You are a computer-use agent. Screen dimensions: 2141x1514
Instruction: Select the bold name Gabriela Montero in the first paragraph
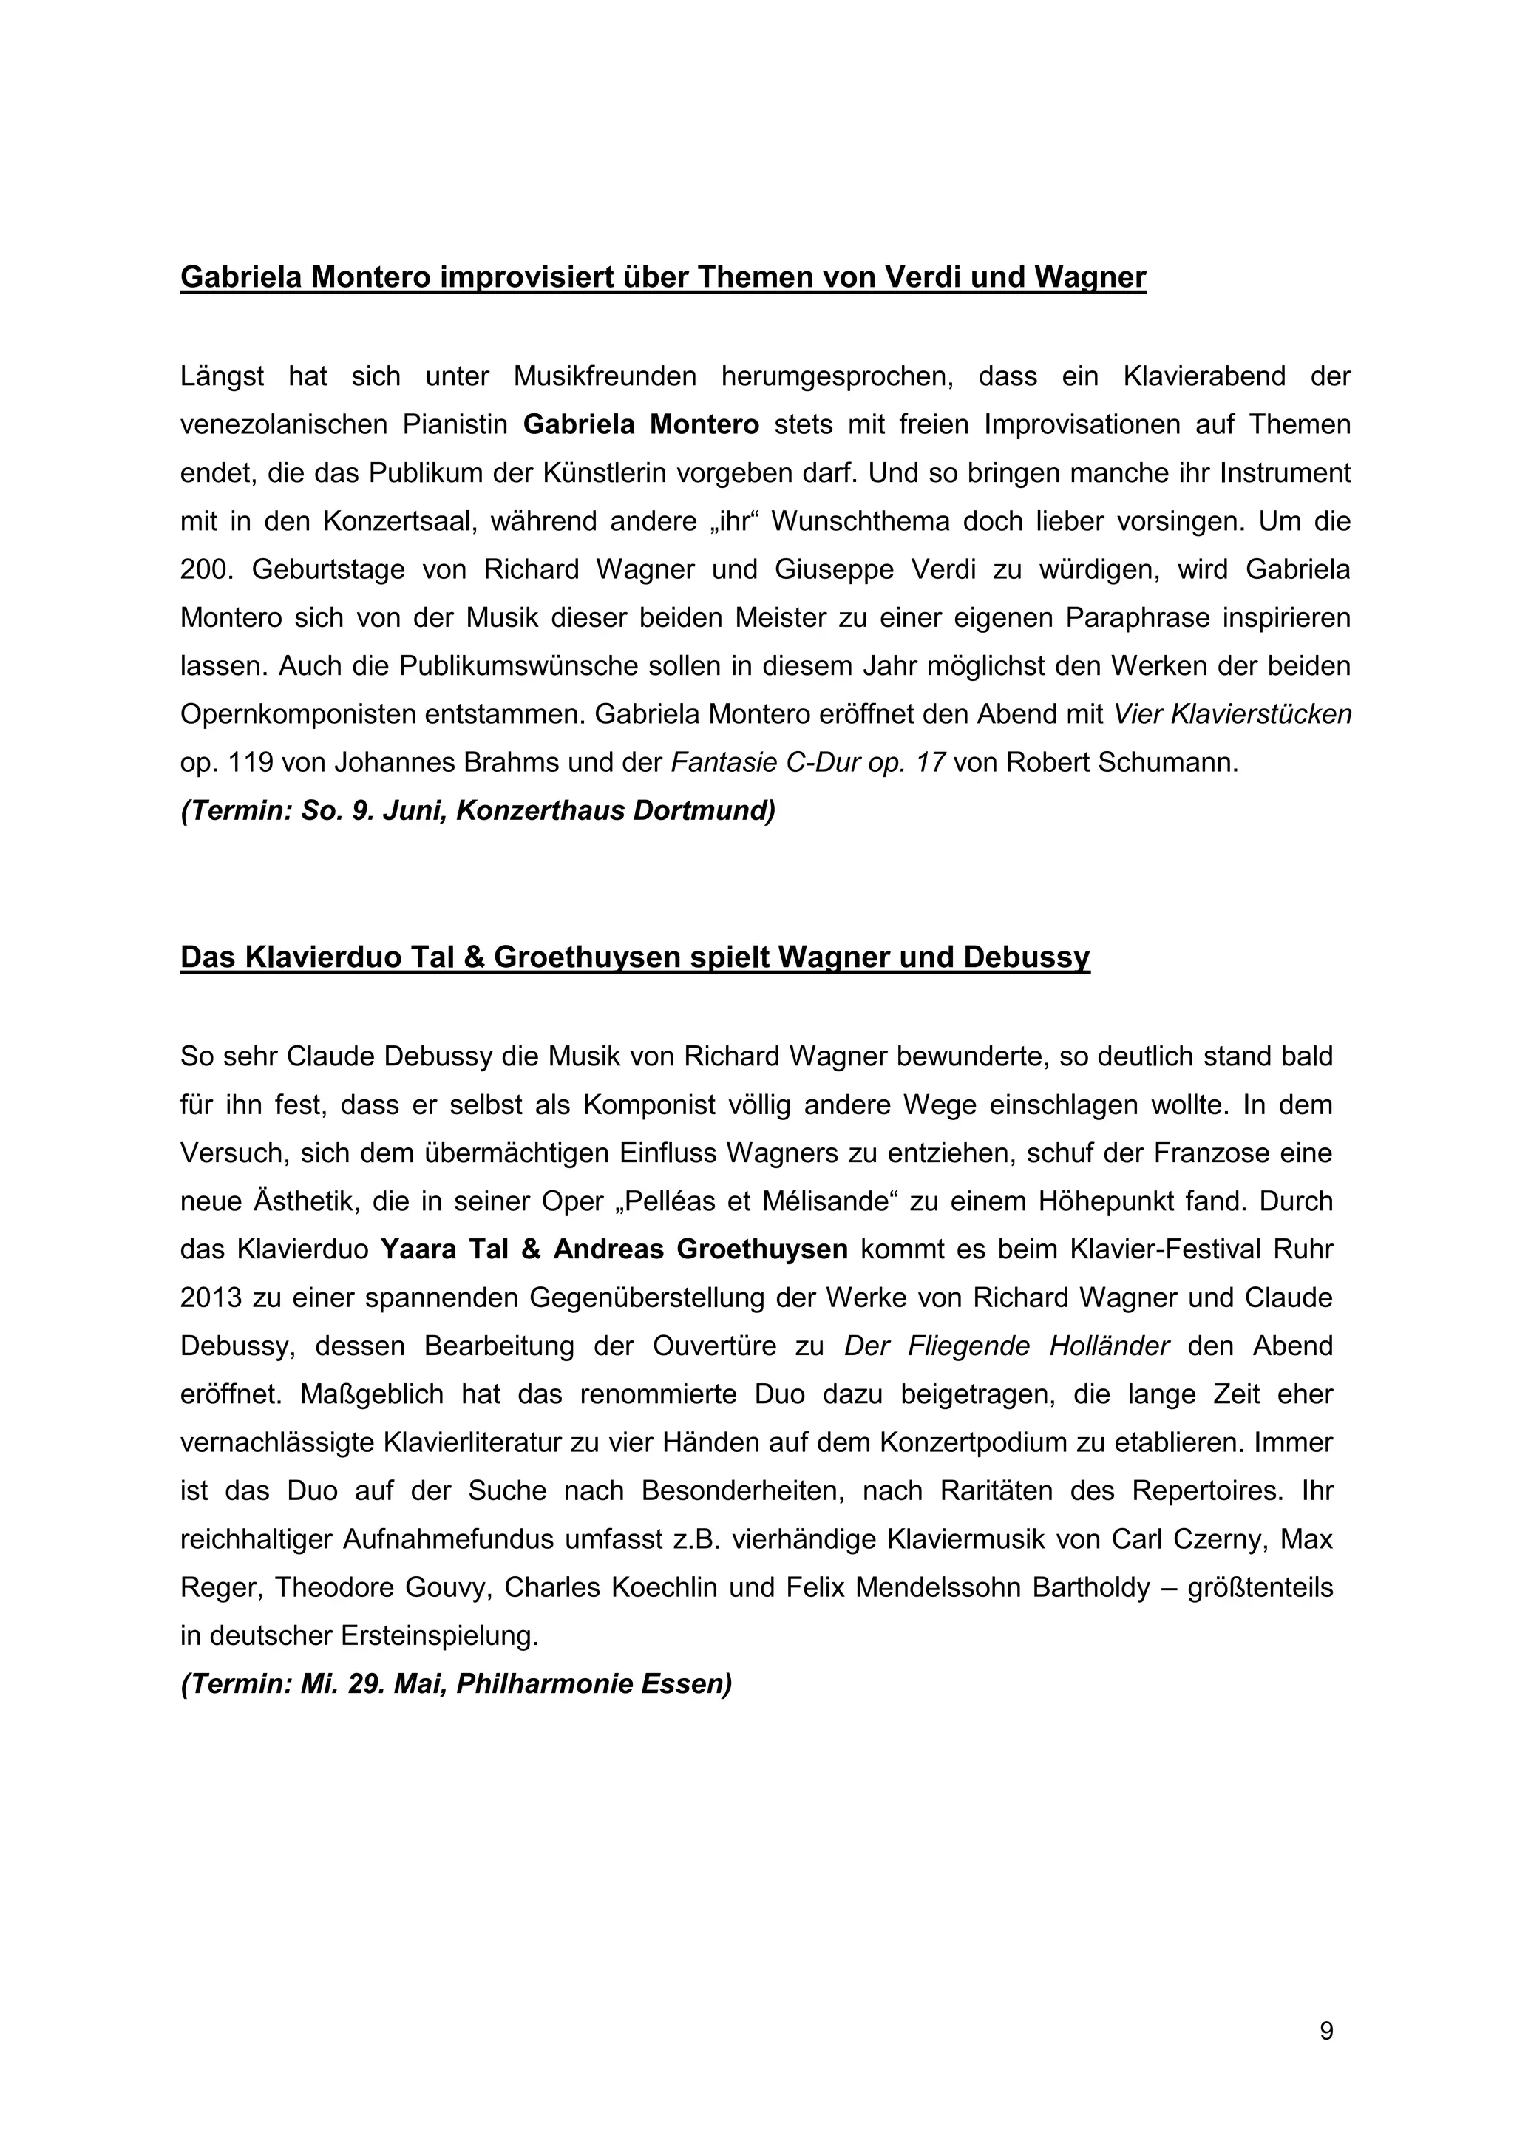(642, 425)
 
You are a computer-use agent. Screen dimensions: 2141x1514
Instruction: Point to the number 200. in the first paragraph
(204, 570)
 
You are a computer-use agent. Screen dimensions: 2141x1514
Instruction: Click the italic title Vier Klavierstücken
(1232, 714)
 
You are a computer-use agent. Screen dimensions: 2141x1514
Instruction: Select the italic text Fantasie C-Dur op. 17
(808, 763)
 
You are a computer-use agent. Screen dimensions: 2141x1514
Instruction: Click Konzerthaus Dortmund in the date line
(615, 811)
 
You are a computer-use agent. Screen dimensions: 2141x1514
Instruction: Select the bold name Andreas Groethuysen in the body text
(700, 1249)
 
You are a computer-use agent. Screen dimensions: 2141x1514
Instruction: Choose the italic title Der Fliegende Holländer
(1006, 1346)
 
